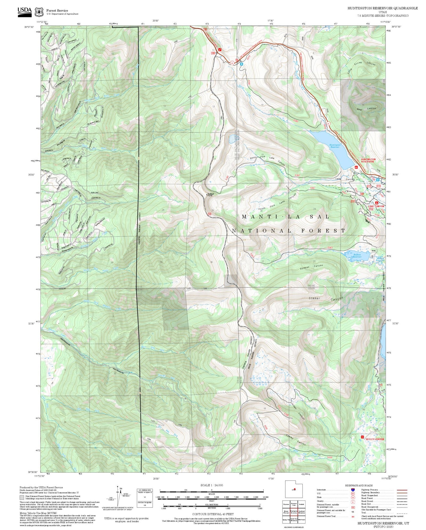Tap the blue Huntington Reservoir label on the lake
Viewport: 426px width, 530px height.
click(x=335, y=146)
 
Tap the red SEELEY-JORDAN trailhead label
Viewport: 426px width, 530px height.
click(x=375, y=439)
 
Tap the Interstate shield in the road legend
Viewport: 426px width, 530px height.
click(x=353, y=490)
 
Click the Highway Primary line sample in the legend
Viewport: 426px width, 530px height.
click(x=402, y=490)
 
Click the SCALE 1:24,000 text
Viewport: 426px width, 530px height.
click(x=212, y=485)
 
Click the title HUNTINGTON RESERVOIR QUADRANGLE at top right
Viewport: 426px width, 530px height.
click(x=382, y=8)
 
